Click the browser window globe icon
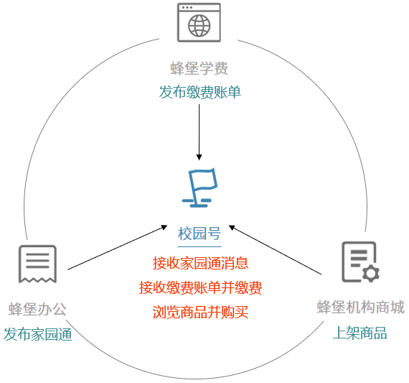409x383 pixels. coord(199,22)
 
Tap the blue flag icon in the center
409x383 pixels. coord(199,188)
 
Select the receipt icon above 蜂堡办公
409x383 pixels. coord(37,264)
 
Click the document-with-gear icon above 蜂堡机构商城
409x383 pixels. coord(360,262)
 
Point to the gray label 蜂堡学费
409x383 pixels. coord(199,68)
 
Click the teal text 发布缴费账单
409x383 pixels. coord(199,92)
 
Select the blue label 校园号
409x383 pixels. coord(199,234)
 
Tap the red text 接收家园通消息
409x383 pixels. coord(200,263)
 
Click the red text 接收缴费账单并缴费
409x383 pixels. coord(200,287)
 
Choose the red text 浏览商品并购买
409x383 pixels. coord(200,312)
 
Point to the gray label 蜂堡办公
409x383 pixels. coord(37,309)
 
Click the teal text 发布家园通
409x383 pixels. coord(38,334)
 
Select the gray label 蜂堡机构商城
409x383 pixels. coord(361,307)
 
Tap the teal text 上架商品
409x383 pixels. coord(359,333)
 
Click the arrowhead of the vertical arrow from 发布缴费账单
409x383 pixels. coord(199,157)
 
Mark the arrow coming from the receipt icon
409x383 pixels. coord(118,247)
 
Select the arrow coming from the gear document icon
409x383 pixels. coord(275,250)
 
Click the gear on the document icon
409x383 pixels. coord(371,273)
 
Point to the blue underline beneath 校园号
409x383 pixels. coord(199,246)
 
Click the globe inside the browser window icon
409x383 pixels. coord(199,26)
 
